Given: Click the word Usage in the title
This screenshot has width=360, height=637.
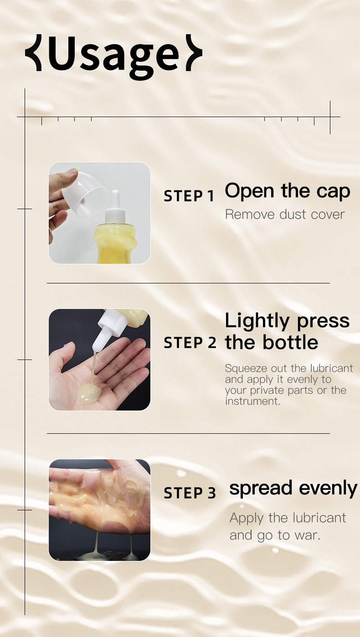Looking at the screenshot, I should click(x=114, y=55).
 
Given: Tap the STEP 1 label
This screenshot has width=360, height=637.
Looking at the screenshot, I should click(x=189, y=196).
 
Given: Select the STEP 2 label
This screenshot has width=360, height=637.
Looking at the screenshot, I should click(x=190, y=343).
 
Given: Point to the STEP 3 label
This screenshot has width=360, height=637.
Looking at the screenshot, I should click(x=190, y=493).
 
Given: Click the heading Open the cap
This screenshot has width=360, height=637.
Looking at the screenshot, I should click(x=287, y=191).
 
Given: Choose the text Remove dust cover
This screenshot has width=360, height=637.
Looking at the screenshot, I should click(x=285, y=214).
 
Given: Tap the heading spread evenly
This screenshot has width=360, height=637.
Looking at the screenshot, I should click(x=293, y=488).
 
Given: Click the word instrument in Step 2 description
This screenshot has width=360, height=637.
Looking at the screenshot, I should click(x=252, y=401).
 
